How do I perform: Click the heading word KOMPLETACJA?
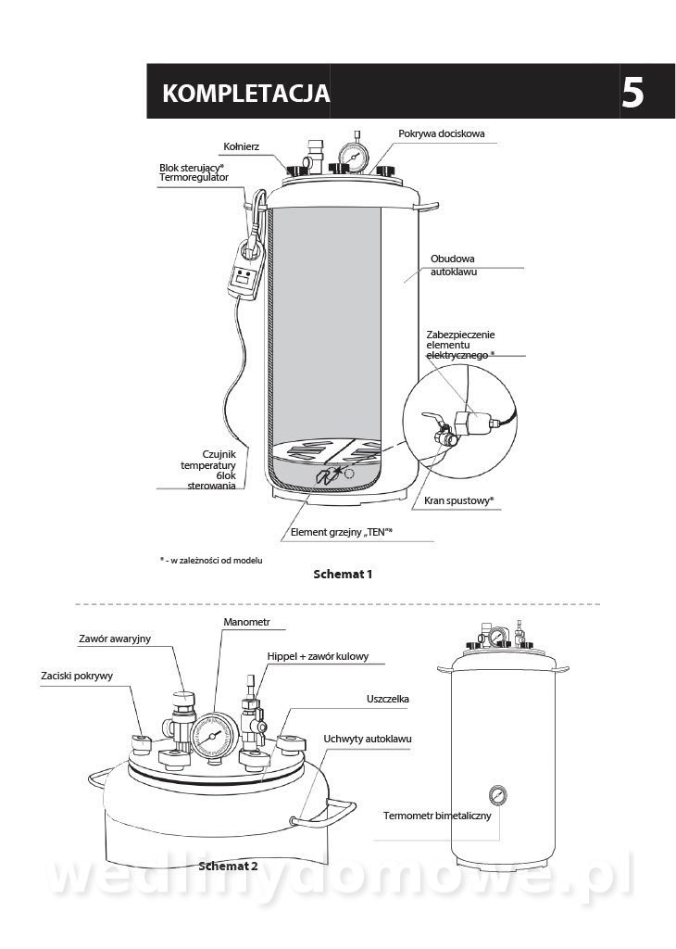[244, 93]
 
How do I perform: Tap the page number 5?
[632, 93]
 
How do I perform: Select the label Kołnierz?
[242, 146]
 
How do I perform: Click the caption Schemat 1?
[343, 574]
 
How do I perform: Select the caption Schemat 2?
[228, 867]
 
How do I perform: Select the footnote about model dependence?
[205, 561]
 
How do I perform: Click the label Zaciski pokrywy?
[77, 676]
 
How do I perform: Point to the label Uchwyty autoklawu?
[368, 739]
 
